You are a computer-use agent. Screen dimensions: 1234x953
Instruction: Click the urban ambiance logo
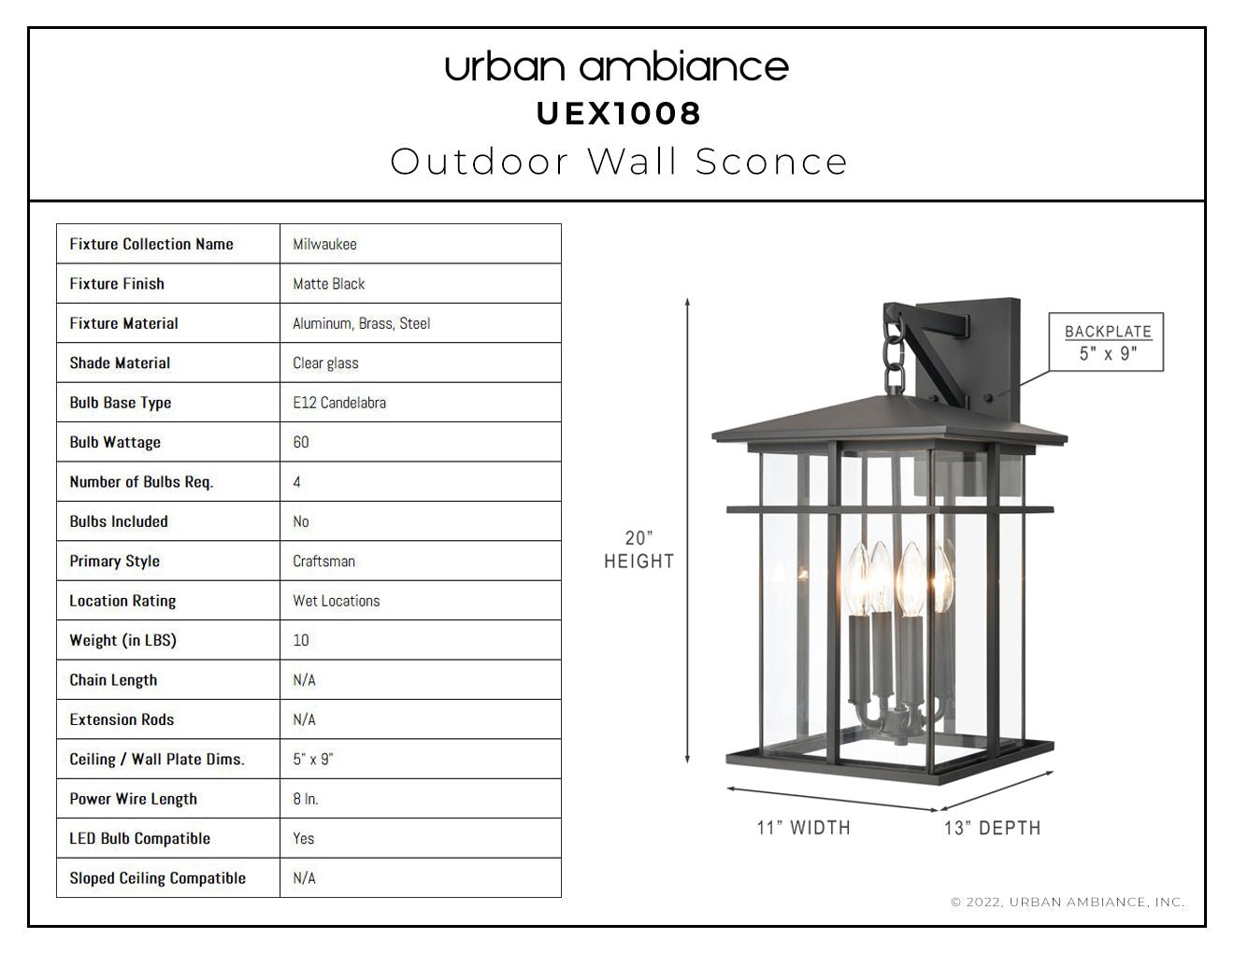pos(617,67)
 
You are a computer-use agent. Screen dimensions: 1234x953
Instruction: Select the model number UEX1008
pos(619,114)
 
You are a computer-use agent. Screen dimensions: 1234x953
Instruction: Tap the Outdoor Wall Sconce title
pos(619,162)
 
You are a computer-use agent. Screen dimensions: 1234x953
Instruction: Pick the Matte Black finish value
pos(329,284)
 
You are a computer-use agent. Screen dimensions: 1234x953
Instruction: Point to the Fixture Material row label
pos(123,323)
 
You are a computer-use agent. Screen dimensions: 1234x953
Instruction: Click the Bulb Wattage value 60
pos(301,442)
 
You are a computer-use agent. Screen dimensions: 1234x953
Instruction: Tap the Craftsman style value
pos(323,561)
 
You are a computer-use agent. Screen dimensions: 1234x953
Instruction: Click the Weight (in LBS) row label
pos(122,640)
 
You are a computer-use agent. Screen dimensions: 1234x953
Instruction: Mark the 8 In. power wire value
pos(306,799)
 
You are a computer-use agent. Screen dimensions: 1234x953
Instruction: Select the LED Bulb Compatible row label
pos(139,838)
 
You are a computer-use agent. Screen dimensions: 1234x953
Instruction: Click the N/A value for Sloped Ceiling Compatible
pos(304,878)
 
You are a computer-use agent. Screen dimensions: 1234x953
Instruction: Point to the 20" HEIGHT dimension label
pos(639,548)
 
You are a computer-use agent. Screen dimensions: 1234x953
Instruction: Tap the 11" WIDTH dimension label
pos(804,828)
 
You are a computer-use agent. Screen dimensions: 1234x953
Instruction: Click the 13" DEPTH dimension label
pos(993,828)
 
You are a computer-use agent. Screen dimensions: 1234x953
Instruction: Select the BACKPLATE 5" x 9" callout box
pos(1106,342)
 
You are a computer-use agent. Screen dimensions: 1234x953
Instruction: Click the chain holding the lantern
pos(894,353)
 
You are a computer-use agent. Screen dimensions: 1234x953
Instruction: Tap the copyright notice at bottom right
pos(1068,902)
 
